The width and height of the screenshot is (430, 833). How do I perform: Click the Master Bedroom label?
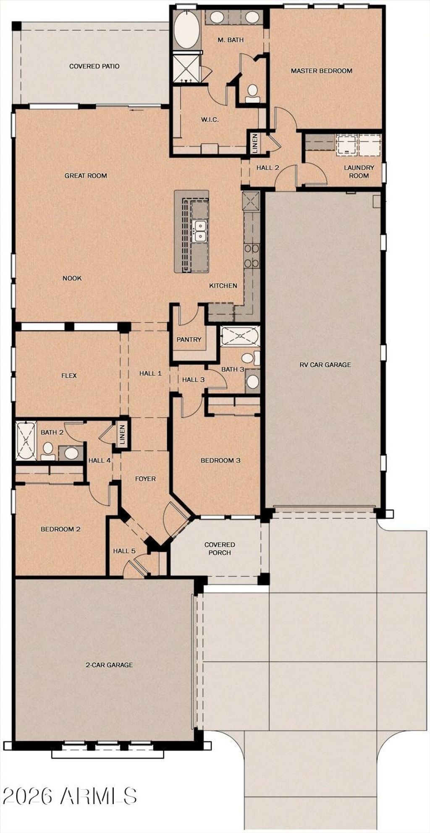[x=321, y=71]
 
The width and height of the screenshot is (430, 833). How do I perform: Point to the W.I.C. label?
[x=210, y=120]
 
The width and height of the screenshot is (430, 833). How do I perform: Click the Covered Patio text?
[x=94, y=66]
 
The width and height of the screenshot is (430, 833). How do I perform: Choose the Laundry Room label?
[x=359, y=171]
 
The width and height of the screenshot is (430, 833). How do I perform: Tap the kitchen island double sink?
[x=199, y=231]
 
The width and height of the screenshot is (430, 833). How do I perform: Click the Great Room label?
[x=86, y=176]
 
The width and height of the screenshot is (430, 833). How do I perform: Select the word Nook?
[x=72, y=278]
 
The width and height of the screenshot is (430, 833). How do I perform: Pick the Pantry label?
[x=189, y=339]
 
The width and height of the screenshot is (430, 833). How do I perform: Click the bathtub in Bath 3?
[x=240, y=336]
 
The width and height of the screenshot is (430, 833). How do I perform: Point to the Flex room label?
[x=69, y=376]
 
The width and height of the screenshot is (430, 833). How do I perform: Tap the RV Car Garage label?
[x=325, y=365]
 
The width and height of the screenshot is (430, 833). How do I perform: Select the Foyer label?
[x=145, y=479]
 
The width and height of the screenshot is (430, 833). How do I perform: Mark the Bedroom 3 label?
[x=220, y=460]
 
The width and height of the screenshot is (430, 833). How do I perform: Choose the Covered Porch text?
[x=220, y=548]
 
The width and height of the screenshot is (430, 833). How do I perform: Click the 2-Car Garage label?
[x=109, y=665]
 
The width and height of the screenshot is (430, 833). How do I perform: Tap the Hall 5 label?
[x=124, y=551]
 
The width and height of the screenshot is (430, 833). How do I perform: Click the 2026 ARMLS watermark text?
[x=70, y=796]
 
